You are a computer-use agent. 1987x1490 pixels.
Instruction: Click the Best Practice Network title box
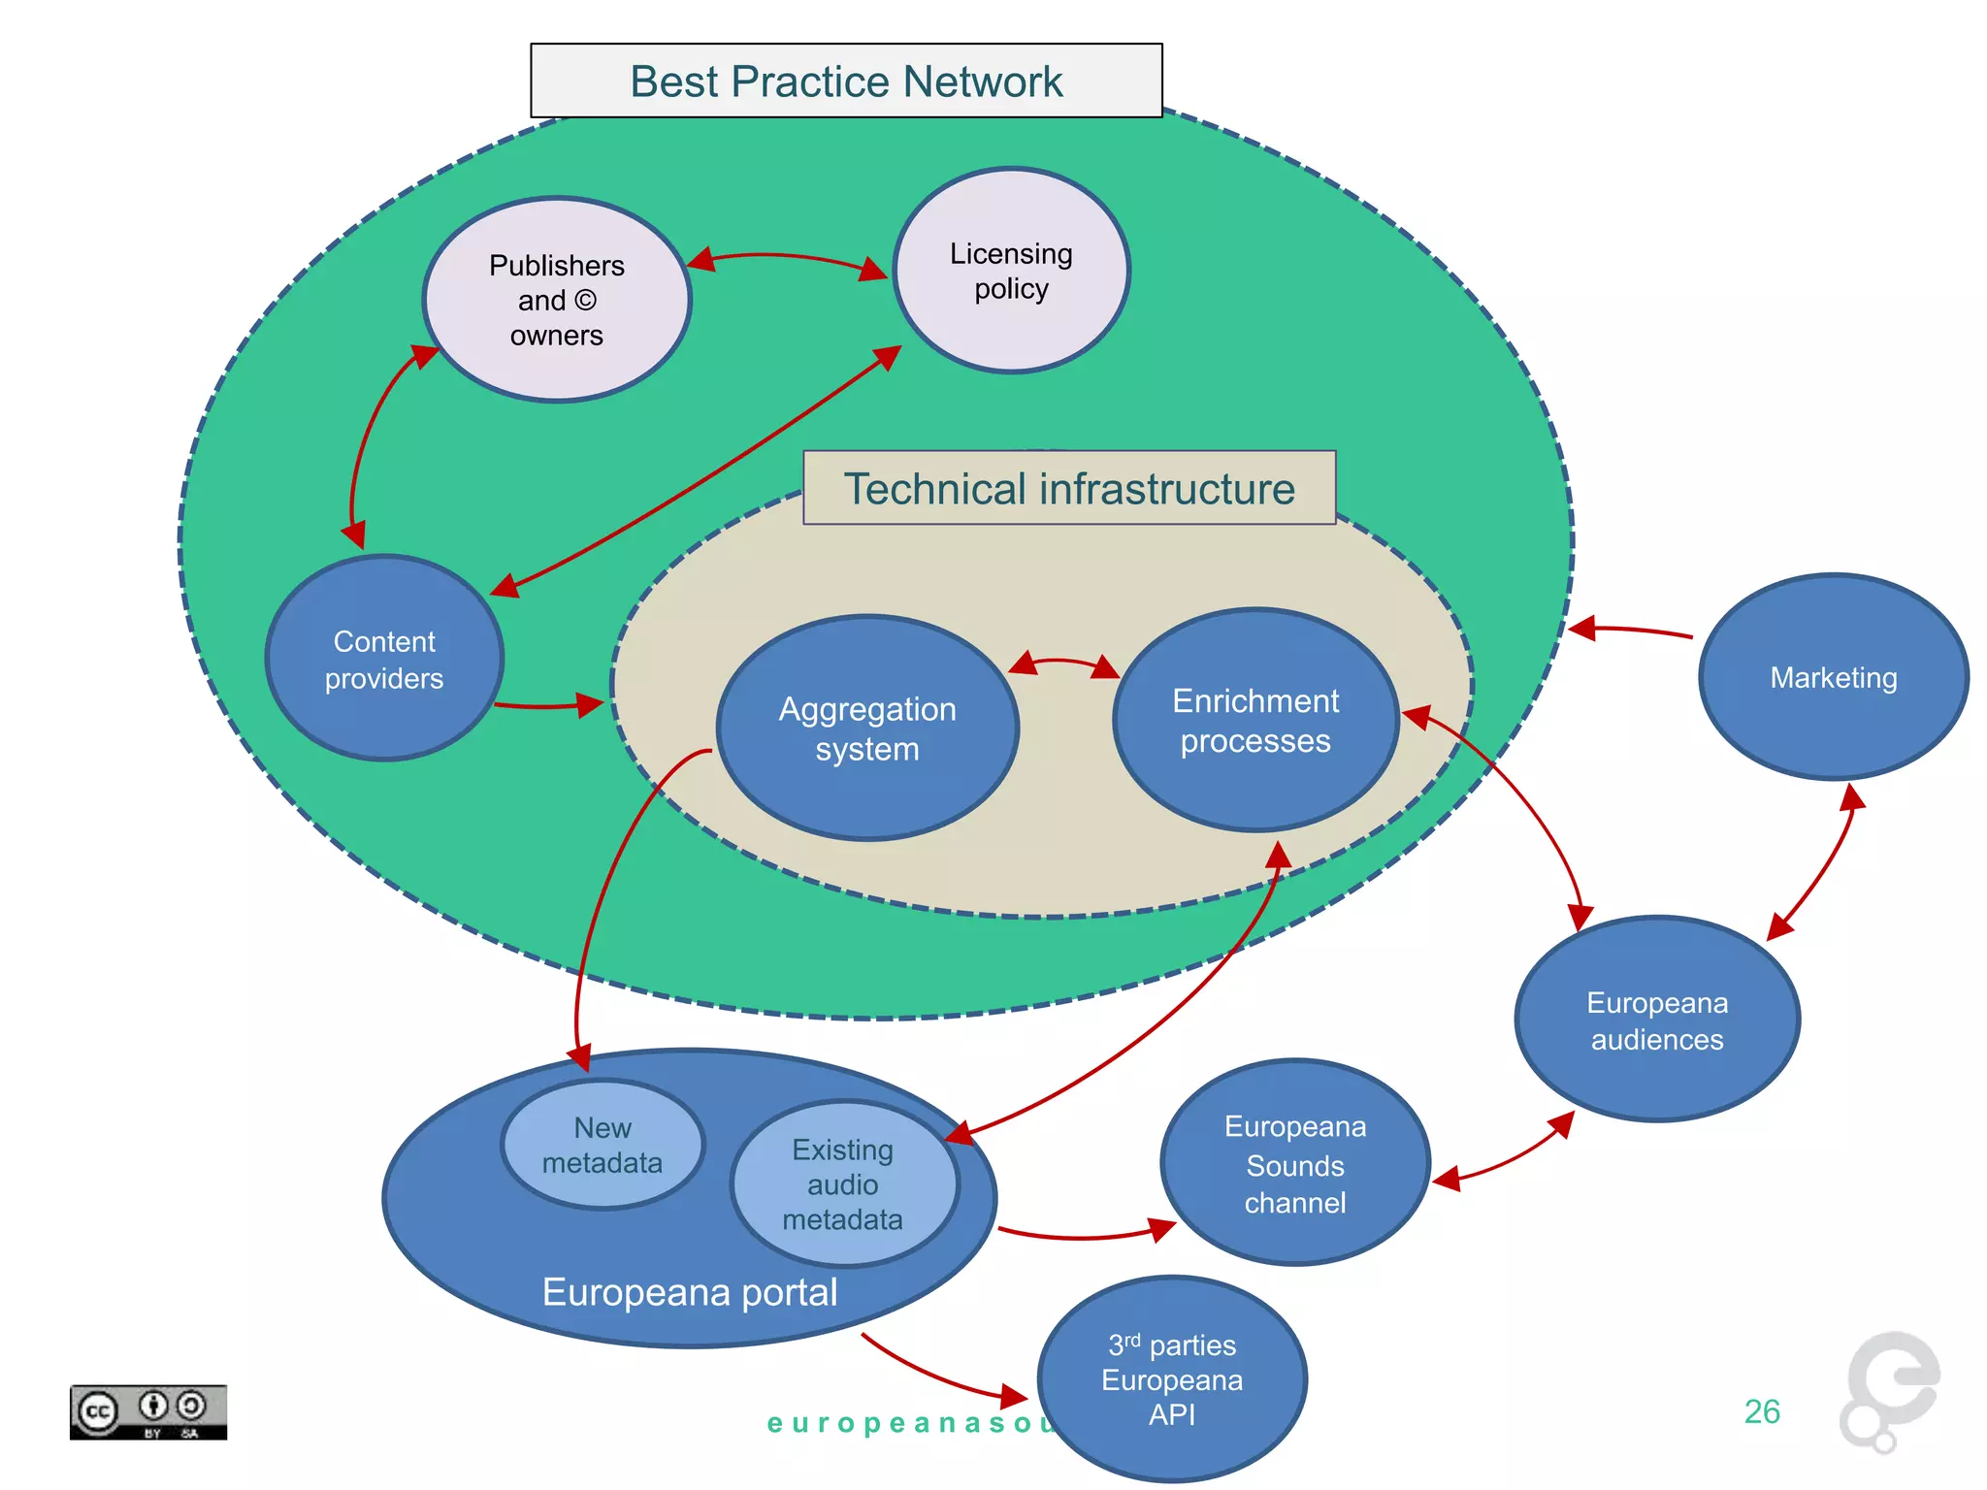coord(846,81)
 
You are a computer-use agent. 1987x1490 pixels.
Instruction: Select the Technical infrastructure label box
coord(1069,488)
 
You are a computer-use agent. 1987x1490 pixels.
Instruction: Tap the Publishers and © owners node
coord(557,300)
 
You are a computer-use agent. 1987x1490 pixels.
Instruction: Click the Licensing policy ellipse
coord(1011,271)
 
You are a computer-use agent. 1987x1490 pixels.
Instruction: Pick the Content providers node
coord(384,659)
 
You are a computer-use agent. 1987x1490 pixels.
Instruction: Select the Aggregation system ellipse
coord(867,729)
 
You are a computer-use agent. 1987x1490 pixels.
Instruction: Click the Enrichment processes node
coord(1255,720)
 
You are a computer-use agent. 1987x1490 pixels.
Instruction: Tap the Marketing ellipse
coord(1833,677)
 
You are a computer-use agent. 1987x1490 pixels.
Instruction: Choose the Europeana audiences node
coord(1657,1020)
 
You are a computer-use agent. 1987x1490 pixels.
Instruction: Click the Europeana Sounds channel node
coord(1294,1163)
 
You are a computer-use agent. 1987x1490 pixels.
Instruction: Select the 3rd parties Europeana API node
coord(1172,1378)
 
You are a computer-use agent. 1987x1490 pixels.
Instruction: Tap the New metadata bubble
coord(603,1145)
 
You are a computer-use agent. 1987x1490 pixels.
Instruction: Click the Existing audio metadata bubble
coord(843,1183)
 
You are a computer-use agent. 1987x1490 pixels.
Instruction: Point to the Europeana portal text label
coord(690,1292)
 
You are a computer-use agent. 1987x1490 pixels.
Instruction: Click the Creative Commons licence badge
coord(147,1411)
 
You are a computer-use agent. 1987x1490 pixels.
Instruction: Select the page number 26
coord(1762,1411)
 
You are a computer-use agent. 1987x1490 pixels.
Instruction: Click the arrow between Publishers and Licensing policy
coord(786,257)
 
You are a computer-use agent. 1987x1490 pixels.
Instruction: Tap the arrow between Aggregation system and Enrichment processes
coord(1064,663)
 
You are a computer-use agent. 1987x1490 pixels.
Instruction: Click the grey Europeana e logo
coord(1890,1389)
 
